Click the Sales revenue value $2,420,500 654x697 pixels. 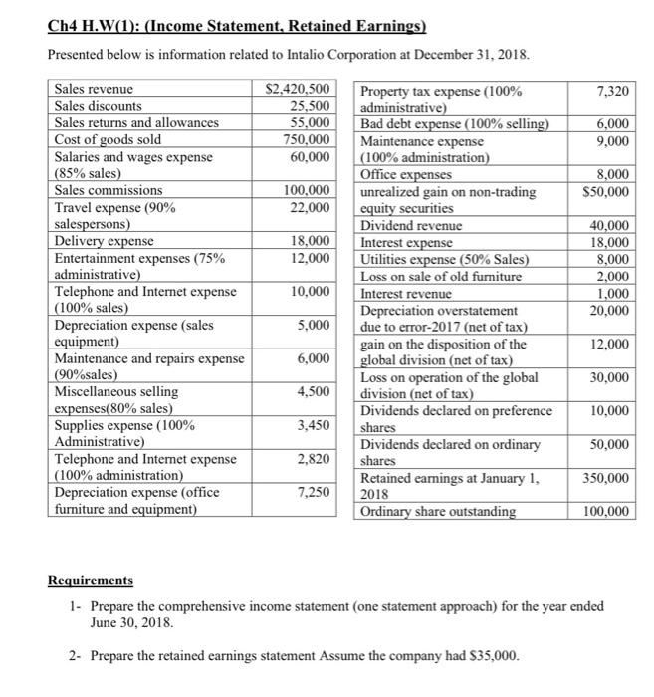click(298, 90)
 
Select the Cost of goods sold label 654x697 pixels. click(108, 139)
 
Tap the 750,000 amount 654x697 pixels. click(309, 139)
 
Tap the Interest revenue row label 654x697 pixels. click(406, 293)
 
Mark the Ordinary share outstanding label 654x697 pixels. click(438, 512)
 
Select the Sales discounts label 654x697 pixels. click(98, 106)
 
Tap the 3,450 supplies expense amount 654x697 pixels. click(313, 426)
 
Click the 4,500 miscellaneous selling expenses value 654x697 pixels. click(313, 391)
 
